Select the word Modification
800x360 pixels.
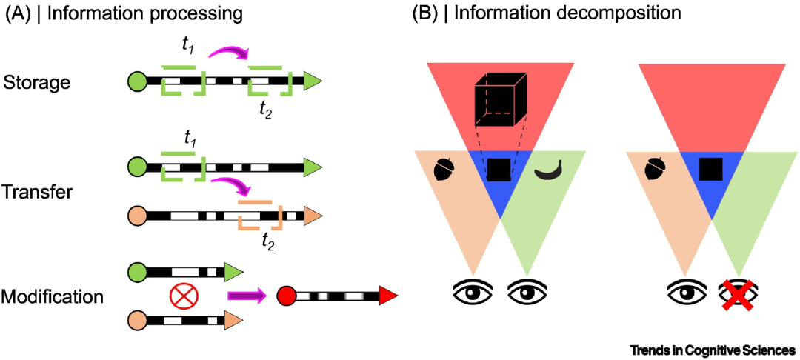53,296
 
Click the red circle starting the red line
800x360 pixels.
286,296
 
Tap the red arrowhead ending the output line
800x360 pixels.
387,296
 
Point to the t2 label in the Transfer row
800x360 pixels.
267,244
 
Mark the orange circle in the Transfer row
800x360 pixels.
139,216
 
